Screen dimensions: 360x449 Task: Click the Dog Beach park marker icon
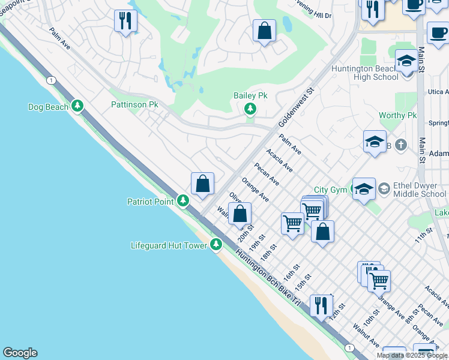(77, 107)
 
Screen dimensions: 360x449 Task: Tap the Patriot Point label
(151, 202)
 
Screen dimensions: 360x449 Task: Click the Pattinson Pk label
(134, 104)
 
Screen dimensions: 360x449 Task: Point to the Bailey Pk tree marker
(250, 109)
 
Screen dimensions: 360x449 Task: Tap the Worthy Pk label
(397, 115)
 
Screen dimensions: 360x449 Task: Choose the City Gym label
(330, 190)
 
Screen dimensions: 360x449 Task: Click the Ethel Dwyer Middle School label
(420, 190)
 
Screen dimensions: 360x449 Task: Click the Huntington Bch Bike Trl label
(268, 277)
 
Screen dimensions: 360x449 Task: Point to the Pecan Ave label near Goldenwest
(267, 173)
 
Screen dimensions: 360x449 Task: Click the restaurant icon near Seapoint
(125, 22)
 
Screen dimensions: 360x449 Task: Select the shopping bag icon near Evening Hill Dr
(264, 30)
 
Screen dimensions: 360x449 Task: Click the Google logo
(20, 353)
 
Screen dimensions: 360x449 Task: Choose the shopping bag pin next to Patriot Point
(203, 184)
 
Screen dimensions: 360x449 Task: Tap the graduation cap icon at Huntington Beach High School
(406, 61)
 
